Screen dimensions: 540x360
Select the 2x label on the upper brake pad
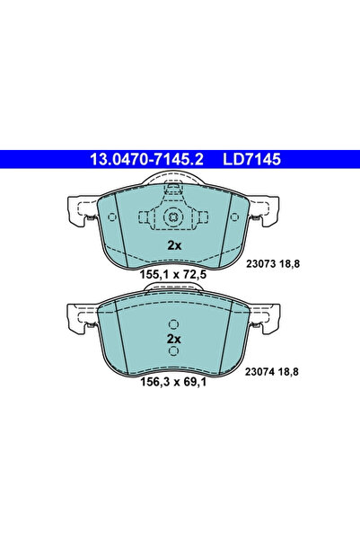173,245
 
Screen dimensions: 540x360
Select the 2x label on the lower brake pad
174,339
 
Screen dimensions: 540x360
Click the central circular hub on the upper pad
173,217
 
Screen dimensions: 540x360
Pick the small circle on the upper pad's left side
144,217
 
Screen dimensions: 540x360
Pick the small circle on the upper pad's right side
203,217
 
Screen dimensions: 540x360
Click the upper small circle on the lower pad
174,325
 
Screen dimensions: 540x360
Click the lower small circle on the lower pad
174,351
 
